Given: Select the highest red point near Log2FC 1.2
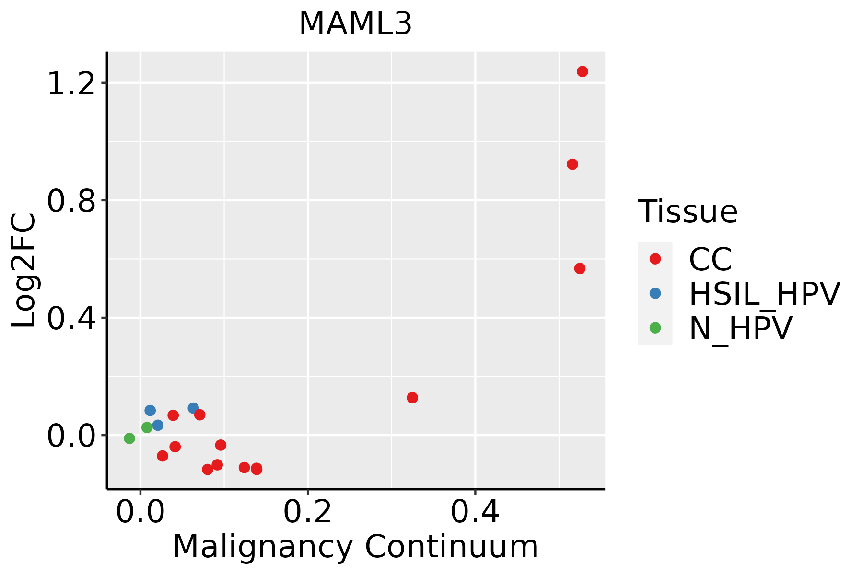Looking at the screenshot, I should pyautogui.click(x=582, y=71).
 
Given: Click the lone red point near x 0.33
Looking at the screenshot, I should pyautogui.click(x=412, y=398).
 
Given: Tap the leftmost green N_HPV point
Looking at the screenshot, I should pyautogui.click(x=129, y=438).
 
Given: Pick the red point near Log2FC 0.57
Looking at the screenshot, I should pyautogui.click(x=580, y=268).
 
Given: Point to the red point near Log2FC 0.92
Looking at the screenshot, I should pyautogui.click(x=572, y=164).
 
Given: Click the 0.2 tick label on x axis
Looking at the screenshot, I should pyautogui.click(x=307, y=513).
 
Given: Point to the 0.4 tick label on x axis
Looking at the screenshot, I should pyautogui.click(x=475, y=513).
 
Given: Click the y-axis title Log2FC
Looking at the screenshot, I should pyautogui.click(x=24, y=271).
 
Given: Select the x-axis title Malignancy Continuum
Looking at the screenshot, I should pyautogui.click(x=355, y=547).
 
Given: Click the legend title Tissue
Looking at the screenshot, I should pyautogui.click(x=688, y=211).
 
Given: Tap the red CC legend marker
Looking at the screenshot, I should pyautogui.click(x=655, y=259).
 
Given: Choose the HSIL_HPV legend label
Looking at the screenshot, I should pyautogui.click(x=764, y=294).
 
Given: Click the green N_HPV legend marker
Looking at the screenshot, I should pyautogui.click(x=655, y=328).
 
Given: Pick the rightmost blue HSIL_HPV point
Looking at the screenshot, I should pyautogui.click(x=193, y=408).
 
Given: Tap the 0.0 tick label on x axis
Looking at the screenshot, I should pyautogui.click(x=140, y=513).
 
